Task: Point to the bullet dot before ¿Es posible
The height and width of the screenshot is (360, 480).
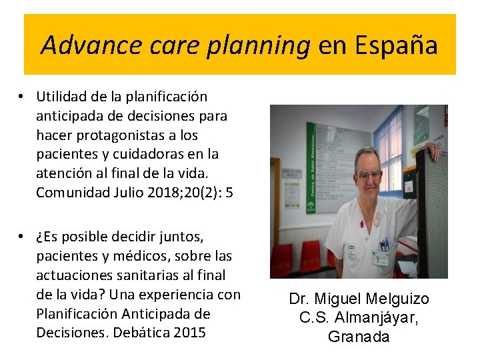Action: click(x=23, y=237)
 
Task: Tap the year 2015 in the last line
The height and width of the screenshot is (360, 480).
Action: click(x=189, y=332)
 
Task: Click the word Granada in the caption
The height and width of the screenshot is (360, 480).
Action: click(x=359, y=337)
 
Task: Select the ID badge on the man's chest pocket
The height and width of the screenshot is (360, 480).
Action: click(x=382, y=256)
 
